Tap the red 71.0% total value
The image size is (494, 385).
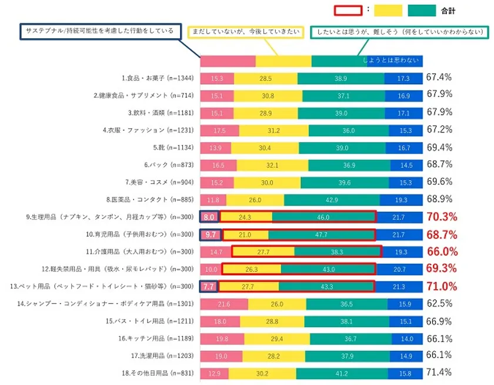click(442, 287)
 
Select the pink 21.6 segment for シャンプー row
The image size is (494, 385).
click(223, 304)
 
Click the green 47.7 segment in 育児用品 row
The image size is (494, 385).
click(321, 235)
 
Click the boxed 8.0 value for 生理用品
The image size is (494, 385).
click(209, 217)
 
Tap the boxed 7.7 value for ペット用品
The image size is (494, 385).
click(209, 287)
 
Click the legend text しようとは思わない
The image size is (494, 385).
click(391, 61)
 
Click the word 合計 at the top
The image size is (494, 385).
click(448, 11)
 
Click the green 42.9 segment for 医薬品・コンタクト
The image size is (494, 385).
click(332, 200)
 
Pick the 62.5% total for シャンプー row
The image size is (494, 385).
click(439, 304)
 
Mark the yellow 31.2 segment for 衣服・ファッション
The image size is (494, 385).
click(273, 131)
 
